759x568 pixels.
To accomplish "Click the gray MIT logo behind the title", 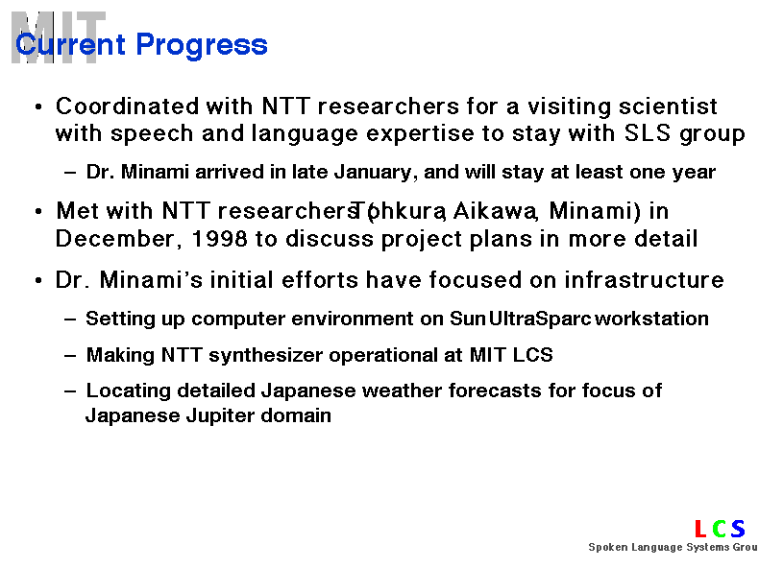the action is [58, 37].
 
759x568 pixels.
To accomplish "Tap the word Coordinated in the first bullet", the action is [128, 106].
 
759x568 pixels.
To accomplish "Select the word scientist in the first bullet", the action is [668, 106].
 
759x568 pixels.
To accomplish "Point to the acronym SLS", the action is [648, 133].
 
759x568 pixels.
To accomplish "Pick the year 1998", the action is [219, 239].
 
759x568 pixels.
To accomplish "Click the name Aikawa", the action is [495, 211].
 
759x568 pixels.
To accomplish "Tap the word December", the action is [115, 239].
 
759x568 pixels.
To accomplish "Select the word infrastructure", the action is [644, 280].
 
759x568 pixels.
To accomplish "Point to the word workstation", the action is [651, 319].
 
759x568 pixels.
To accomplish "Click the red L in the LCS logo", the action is [700, 529].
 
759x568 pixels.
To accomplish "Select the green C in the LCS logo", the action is [720, 529].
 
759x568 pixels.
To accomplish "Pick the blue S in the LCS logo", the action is [738, 529].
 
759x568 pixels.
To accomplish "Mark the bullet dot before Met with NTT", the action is [38, 212].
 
